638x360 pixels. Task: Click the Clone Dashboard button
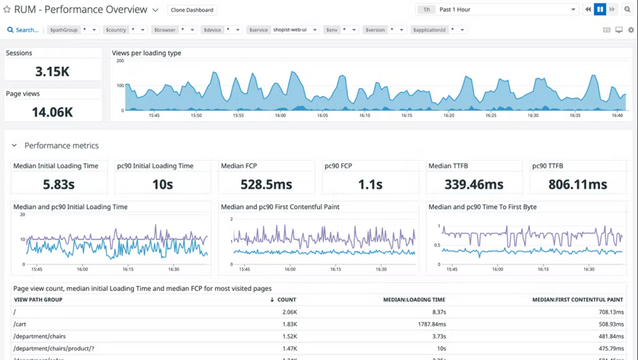click(192, 10)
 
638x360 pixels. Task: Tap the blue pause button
click(600, 10)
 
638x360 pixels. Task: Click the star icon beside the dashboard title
click(7, 10)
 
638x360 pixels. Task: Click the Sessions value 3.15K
click(52, 71)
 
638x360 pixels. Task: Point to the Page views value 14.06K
click(52, 112)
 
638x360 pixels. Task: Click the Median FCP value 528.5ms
click(266, 184)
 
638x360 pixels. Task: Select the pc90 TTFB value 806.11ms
click(577, 184)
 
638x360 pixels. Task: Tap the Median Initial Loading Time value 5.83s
click(59, 184)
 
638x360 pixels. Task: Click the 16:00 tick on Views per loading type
click(280, 116)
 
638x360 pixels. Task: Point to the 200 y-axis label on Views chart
click(119, 61)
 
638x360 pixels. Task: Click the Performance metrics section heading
click(61, 146)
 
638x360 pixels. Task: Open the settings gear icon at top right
click(631, 30)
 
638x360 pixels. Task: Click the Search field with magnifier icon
click(23, 30)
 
